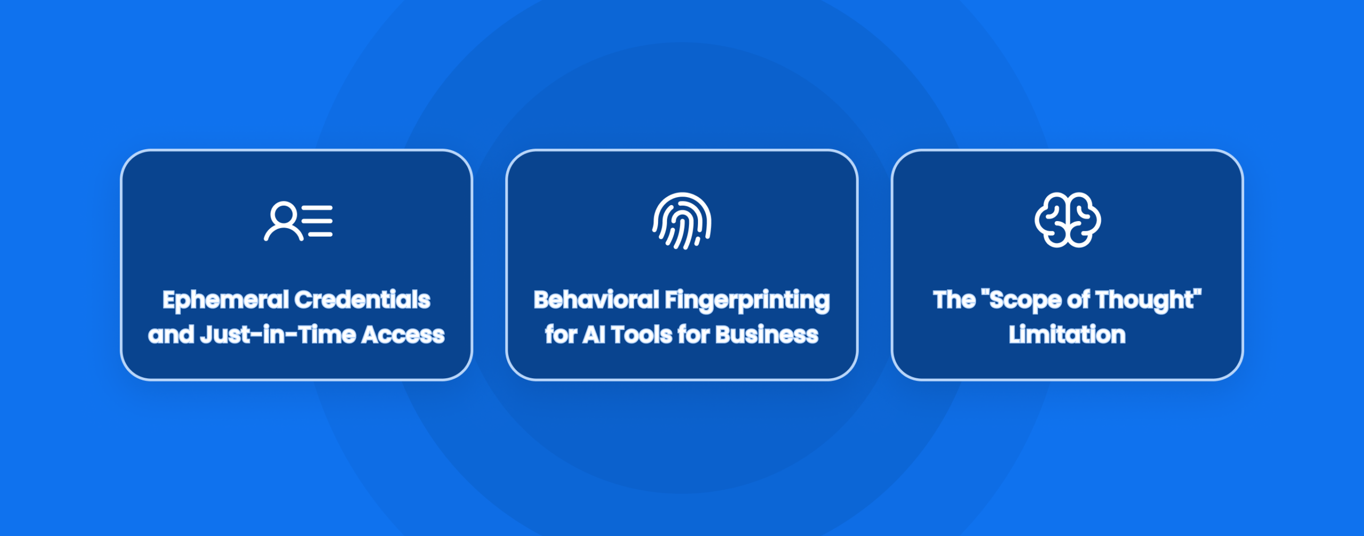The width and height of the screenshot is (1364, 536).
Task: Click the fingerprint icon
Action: click(x=682, y=221)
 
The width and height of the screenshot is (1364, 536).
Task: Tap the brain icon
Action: click(x=1068, y=220)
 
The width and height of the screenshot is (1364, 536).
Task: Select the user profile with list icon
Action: click(x=298, y=221)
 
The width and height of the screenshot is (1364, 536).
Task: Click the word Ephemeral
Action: click(x=225, y=300)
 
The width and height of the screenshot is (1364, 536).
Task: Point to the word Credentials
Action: click(x=362, y=300)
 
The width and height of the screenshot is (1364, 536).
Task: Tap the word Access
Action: click(x=403, y=335)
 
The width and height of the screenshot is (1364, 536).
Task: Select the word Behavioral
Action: click(x=596, y=300)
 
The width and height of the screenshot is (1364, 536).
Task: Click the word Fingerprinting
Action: click(x=747, y=300)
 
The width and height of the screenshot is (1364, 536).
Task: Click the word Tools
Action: click(x=642, y=335)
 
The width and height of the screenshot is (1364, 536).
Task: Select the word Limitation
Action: click(x=1067, y=335)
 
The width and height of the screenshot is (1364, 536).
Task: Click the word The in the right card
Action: click(x=954, y=300)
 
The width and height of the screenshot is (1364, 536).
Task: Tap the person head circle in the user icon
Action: click(x=283, y=214)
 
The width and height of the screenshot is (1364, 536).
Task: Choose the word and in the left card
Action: click(x=171, y=335)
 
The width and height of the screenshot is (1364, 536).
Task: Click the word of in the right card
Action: click(x=1078, y=300)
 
